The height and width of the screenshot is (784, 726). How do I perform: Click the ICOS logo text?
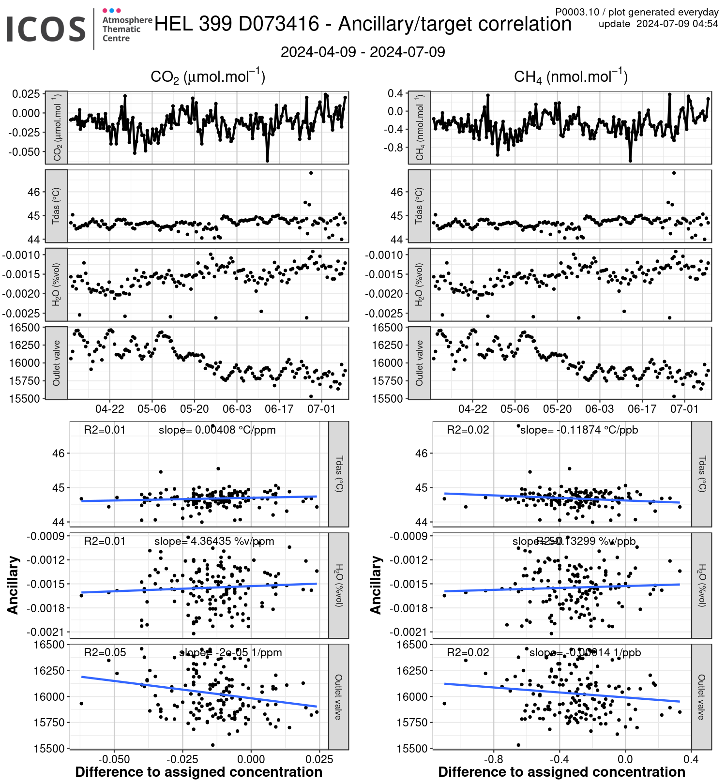click(46, 29)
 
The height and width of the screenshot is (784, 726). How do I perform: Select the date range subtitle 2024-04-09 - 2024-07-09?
click(363, 52)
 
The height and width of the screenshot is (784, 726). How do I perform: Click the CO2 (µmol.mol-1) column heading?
click(208, 76)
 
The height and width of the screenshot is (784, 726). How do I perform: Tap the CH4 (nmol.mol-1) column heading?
click(571, 76)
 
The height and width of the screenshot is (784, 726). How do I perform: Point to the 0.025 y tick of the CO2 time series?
click(26, 94)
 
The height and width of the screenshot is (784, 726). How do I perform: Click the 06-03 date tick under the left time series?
click(237, 409)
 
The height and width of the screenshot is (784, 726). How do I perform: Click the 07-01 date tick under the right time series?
click(684, 409)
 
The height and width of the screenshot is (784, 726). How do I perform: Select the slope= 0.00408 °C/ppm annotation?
click(217, 430)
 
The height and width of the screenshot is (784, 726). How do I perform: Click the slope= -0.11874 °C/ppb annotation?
click(579, 430)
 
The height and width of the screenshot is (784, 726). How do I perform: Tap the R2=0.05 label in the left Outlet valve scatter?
click(105, 652)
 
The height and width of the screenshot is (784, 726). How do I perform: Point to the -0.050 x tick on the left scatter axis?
click(114, 759)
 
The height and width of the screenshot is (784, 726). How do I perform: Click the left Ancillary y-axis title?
click(13, 585)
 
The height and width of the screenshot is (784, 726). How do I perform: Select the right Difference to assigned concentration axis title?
click(561, 772)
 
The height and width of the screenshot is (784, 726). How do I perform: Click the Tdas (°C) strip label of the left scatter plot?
click(339, 474)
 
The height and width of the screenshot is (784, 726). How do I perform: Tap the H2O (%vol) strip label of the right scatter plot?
click(702, 585)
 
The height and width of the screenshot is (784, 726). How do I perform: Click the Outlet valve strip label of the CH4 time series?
click(419, 363)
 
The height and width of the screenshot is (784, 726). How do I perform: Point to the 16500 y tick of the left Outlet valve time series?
click(24, 328)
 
